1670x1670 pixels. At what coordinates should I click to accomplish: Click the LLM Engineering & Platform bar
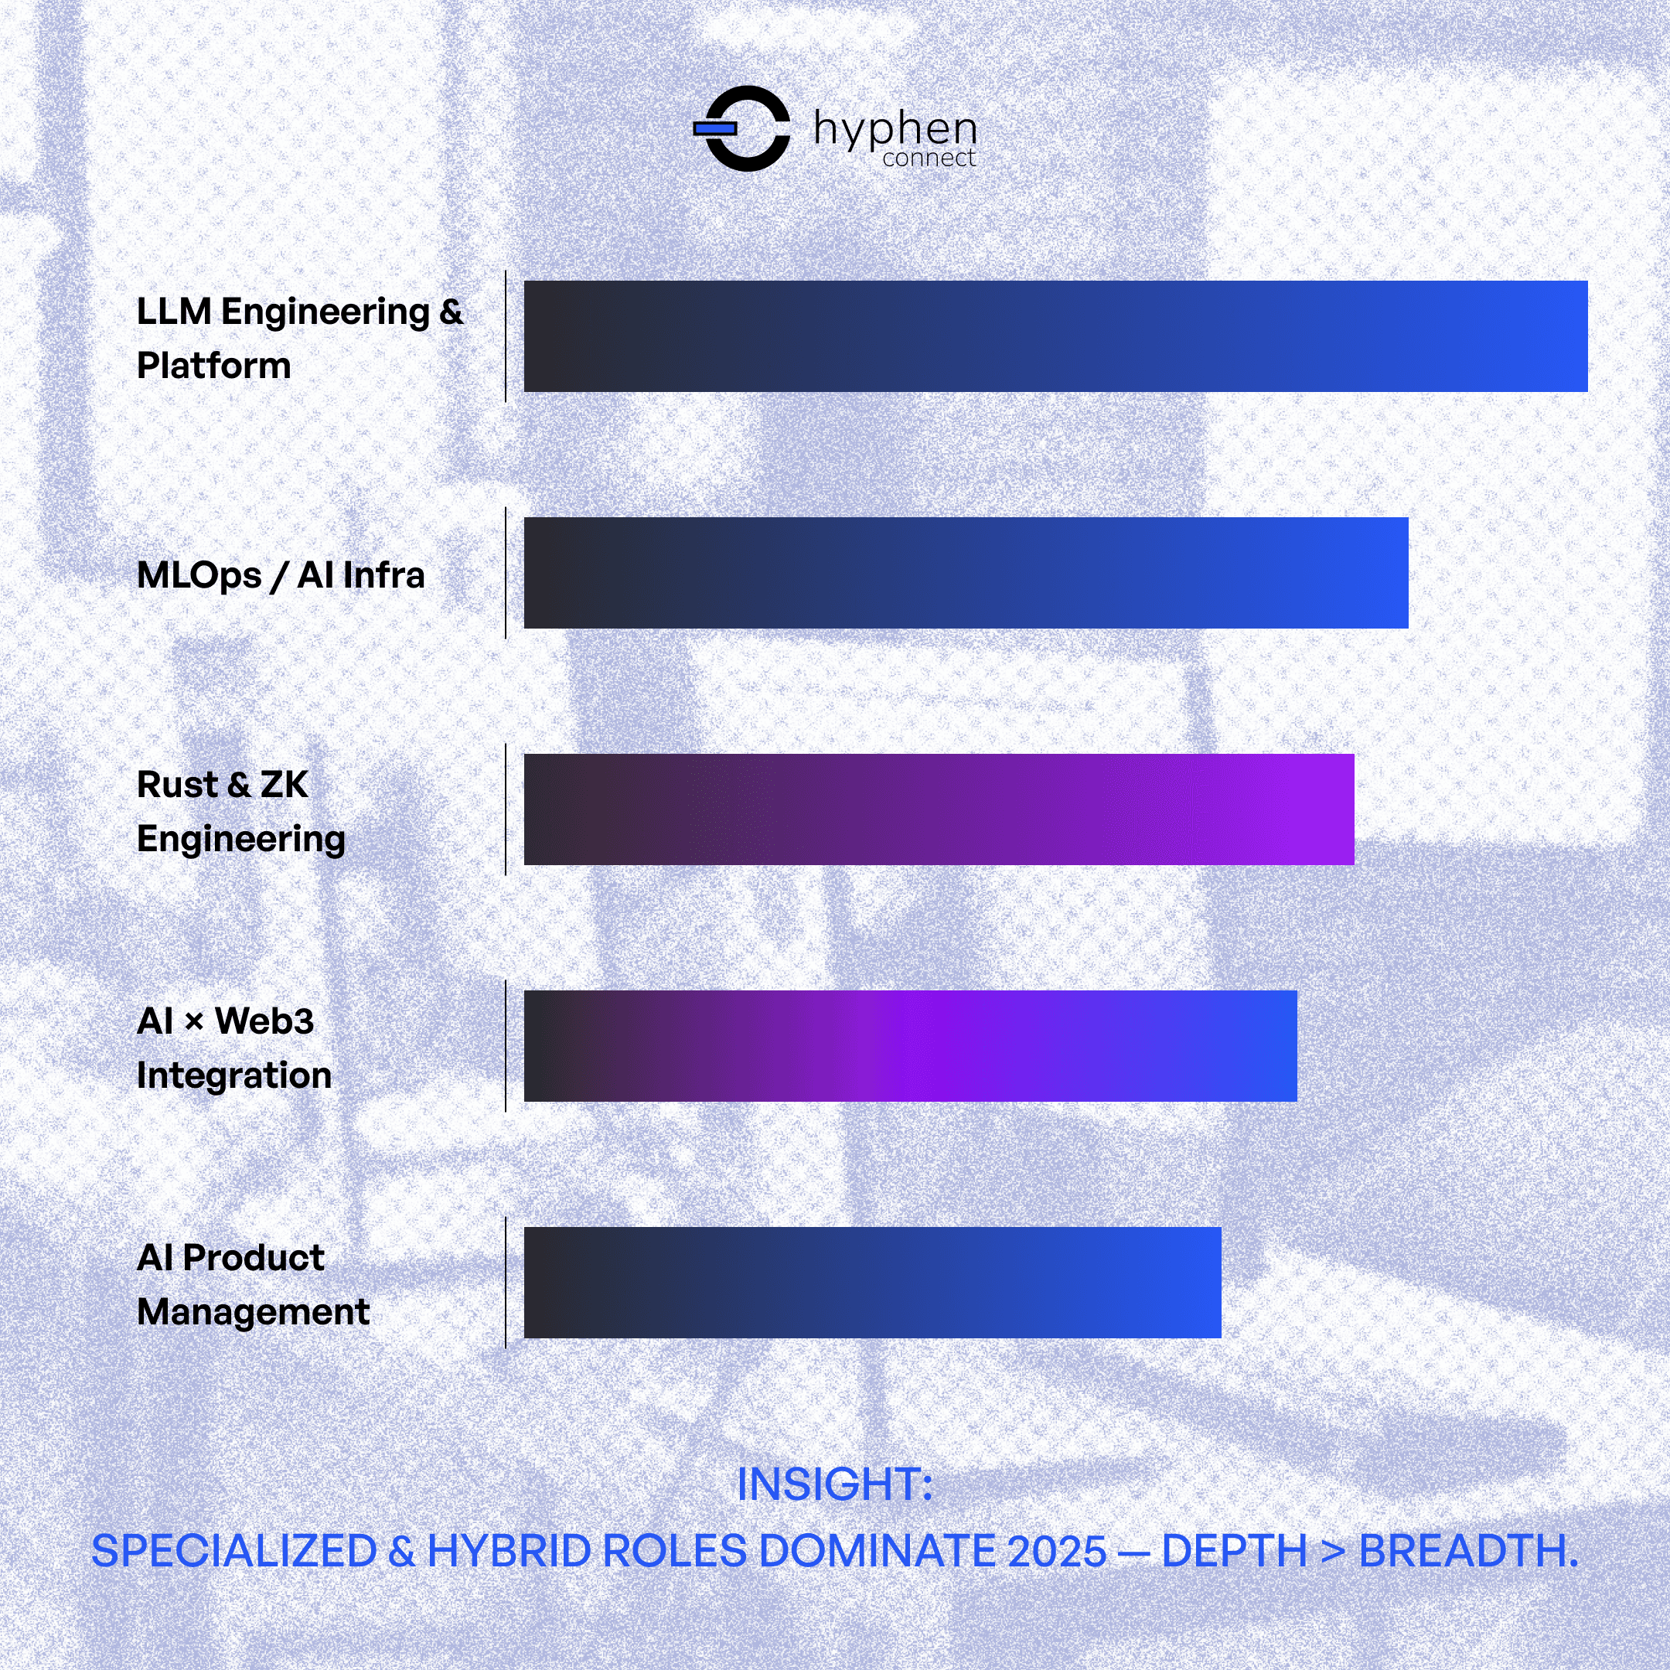(x=1055, y=336)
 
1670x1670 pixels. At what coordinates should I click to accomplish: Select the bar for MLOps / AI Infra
(x=966, y=573)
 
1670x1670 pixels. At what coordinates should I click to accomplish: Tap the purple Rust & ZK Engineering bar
(x=939, y=809)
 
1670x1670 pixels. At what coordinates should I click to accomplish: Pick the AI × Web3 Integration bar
(x=910, y=1046)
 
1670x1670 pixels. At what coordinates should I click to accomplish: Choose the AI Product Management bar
(x=872, y=1283)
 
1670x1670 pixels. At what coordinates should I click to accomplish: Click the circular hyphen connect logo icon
(x=745, y=129)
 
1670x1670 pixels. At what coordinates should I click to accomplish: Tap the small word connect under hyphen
(x=929, y=158)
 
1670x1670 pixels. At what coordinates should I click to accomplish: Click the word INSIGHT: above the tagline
(x=834, y=1485)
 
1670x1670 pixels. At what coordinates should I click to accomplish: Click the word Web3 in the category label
(x=264, y=1021)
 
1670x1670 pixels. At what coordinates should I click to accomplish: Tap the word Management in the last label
(x=254, y=1312)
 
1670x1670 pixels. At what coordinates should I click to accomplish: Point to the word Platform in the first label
(x=213, y=366)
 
